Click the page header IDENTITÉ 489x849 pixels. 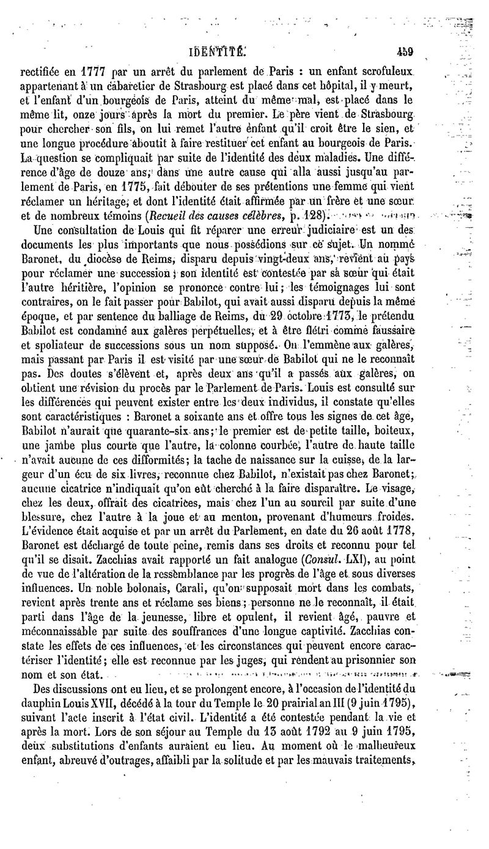click(219, 53)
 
